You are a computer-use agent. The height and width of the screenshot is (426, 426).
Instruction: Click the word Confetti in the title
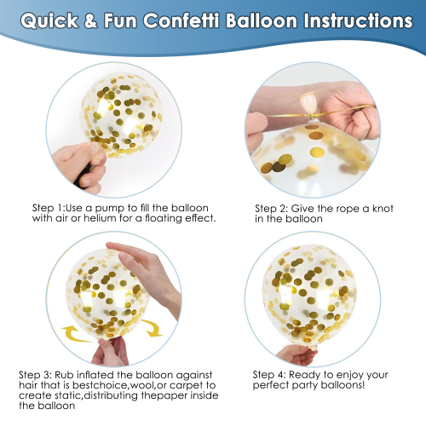(x=181, y=20)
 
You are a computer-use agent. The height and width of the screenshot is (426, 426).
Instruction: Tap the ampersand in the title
(x=90, y=20)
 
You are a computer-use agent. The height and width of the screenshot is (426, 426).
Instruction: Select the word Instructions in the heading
(x=358, y=20)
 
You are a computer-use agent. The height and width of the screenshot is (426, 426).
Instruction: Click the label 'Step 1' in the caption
(x=49, y=209)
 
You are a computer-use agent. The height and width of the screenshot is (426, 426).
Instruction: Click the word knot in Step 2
(x=383, y=209)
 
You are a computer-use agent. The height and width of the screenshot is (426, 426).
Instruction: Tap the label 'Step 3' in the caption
(x=35, y=375)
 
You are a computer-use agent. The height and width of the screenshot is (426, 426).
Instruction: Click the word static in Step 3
(x=66, y=395)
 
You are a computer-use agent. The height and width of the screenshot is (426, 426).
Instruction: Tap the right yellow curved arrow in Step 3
(x=152, y=328)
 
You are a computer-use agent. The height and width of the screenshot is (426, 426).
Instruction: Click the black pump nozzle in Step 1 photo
(x=83, y=177)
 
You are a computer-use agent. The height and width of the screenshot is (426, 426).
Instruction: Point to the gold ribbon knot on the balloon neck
(x=313, y=116)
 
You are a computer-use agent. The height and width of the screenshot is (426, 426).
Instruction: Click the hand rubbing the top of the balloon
(x=145, y=273)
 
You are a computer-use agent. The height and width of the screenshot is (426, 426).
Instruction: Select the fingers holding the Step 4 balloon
(x=296, y=355)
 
